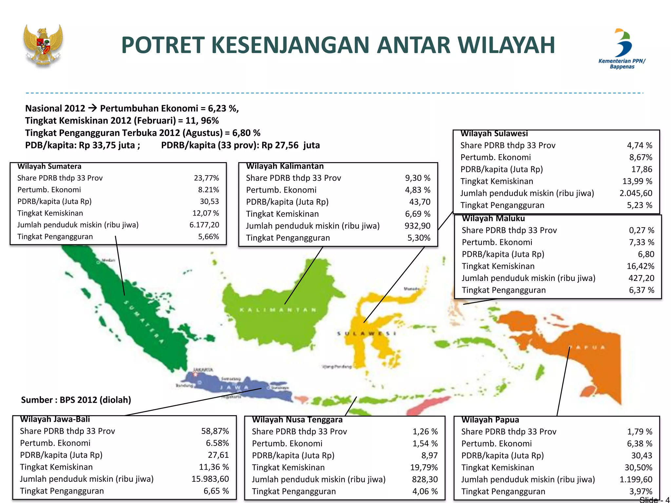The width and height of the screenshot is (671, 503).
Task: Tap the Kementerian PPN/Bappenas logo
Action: [x=622, y=48]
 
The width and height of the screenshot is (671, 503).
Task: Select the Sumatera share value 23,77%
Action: [x=206, y=178]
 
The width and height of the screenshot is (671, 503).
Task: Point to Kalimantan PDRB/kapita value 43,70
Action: [x=420, y=202]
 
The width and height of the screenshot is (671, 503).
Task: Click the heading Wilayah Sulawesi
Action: [x=494, y=134]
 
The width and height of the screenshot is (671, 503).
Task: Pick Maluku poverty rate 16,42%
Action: [x=640, y=266]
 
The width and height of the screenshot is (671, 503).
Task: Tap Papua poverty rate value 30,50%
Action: [x=638, y=467]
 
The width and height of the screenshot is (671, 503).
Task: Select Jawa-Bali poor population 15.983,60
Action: [x=210, y=479]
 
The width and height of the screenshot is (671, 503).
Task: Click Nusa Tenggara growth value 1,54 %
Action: [x=425, y=443]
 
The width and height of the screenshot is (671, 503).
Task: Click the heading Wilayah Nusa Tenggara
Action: [x=297, y=419]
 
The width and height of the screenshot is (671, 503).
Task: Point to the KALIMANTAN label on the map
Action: [x=278, y=310]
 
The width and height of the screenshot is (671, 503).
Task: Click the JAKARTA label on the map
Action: [x=203, y=369]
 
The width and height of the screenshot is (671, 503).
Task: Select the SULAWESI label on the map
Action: [x=367, y=333]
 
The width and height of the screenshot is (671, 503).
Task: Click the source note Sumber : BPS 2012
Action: [x=76, y=400]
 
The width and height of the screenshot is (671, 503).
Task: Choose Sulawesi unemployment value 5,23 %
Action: [x=640, y=205]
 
